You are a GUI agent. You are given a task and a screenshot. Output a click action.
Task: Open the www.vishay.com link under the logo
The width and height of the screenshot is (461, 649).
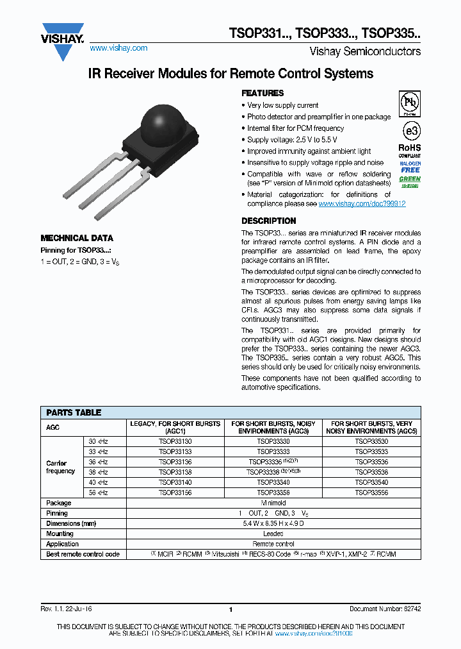coord(118,48)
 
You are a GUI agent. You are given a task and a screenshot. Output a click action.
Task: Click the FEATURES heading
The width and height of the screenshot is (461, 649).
coord(263,93)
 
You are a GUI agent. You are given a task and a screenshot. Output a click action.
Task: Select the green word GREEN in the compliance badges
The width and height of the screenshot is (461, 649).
coord(410,179)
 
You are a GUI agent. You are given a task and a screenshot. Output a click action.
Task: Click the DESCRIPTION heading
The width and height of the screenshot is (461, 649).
coord(268,221)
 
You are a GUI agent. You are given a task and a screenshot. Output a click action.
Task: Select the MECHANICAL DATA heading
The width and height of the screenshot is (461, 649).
coord(77,237)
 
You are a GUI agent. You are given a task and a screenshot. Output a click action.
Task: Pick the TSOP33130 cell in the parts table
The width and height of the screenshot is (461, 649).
coord(175,441)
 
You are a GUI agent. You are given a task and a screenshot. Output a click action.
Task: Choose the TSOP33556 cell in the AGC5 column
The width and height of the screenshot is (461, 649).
coord(371,493)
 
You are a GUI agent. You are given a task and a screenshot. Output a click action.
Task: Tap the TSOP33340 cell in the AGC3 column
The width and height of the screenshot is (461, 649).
coord(273,482)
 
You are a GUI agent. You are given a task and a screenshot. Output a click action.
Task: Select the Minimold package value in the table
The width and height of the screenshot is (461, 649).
coord(273,503)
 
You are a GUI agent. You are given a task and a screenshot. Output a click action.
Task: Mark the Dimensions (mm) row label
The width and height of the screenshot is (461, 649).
coord(72,523)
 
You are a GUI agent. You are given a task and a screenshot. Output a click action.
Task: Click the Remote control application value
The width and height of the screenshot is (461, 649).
coord(273,544)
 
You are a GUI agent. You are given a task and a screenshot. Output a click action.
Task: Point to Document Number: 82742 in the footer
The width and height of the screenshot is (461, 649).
coord(385,609)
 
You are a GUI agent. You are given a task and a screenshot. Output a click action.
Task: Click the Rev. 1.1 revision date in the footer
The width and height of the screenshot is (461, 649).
coord(66,609)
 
